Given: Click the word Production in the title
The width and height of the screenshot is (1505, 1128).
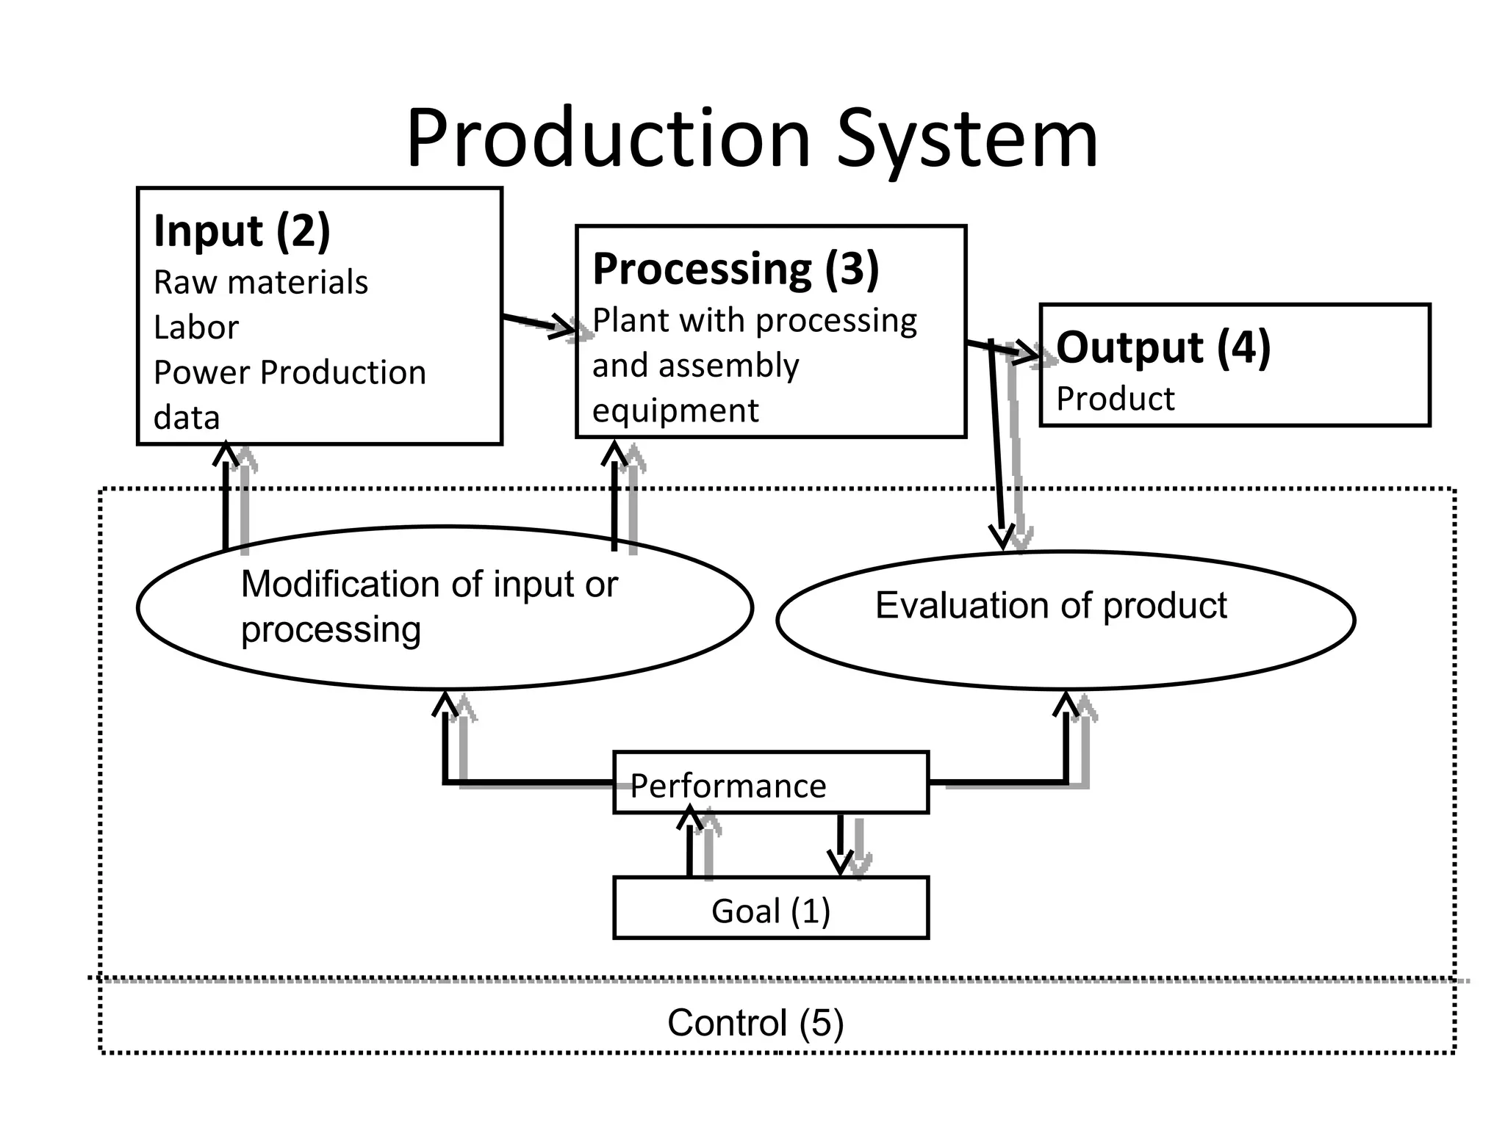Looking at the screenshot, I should (608, 140).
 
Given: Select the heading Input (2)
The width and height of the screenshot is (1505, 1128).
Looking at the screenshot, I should (242, 231).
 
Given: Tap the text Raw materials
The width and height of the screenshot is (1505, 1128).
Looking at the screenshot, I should (261, 283).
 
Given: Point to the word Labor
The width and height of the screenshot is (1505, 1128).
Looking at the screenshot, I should (196, 328).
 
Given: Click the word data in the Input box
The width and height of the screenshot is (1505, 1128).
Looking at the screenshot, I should (187, 418).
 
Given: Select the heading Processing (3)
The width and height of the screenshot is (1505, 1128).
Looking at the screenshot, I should (736, 269).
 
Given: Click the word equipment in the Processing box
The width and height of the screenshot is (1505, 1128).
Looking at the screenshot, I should (675, 411).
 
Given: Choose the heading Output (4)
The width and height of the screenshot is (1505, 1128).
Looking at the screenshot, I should (1163, 347).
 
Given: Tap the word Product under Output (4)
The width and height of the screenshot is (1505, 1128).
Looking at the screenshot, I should (1116, 399).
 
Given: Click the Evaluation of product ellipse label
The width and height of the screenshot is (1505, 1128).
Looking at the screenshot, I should (1051, 607).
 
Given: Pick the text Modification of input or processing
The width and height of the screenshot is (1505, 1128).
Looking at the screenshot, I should (429, 607).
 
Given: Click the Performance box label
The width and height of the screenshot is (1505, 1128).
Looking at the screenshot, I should (728, 786).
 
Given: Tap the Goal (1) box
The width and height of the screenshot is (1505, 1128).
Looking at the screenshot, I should (771, 911).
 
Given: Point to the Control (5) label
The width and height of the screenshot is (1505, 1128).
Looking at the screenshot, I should (755, 1023).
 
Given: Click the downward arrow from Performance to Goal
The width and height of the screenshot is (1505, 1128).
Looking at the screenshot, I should (840, 845).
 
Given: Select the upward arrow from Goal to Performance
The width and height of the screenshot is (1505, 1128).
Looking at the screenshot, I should (689, 845).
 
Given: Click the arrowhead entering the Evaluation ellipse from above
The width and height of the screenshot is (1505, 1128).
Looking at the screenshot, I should (1002, 536).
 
